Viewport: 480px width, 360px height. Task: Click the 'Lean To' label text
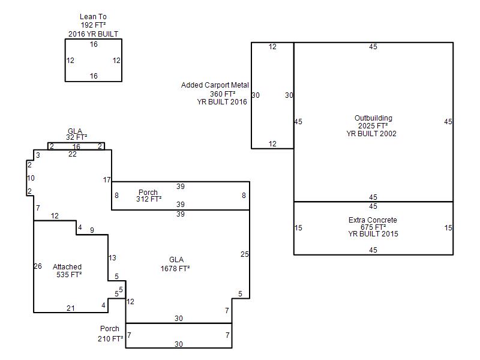coord(93,17)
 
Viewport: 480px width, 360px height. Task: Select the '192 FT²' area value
coord(93,25)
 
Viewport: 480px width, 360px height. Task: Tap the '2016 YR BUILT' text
coord(93,34)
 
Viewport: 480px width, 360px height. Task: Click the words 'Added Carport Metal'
coord(215,85)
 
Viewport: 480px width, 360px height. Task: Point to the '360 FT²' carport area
coord(223,94)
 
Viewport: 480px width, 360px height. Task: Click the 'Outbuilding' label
coord(373,118)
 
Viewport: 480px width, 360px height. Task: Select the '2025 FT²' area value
coord(373,126)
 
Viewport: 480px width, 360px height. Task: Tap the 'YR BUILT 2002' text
coord(371,133)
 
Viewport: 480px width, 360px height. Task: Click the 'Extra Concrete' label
coord(373,220)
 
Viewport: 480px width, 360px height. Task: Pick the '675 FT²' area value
coord(373,227)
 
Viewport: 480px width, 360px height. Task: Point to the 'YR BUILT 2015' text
coord(373,234)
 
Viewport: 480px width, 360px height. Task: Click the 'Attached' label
coord(67,266)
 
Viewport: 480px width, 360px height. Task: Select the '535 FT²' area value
coord(69,275)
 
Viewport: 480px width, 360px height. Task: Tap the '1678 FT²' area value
coord(175,268)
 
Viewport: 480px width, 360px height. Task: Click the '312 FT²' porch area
coord(149,199)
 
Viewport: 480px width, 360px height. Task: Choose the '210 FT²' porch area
coord(110,338)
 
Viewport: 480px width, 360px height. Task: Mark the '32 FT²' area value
coord(77,137)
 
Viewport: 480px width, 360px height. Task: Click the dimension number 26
coord(38,266)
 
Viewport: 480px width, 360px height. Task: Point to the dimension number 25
coord(245,254)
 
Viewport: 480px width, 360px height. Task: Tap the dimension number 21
coord(71,308)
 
